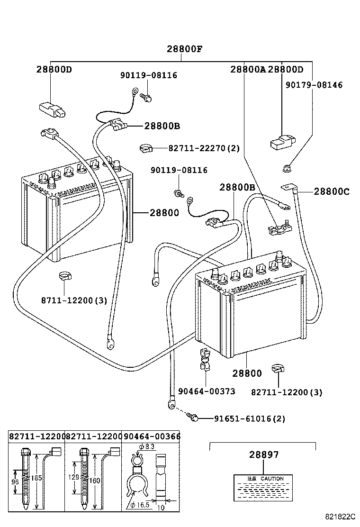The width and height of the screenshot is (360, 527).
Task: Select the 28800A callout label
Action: pyautogui.click(x=248, y=70)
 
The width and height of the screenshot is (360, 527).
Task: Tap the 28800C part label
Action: pyautogui.click(x=332, y=191)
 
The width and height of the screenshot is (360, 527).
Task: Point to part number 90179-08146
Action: pyautogui.click(x=314, y=85)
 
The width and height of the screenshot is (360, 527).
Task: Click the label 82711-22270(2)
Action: pyautogui.click(x=204, y=148)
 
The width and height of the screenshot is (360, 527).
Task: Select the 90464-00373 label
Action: pyautogui.click(x=207, y=391)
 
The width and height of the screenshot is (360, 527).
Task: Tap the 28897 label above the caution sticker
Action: pyautogui.click(x=264, y=454)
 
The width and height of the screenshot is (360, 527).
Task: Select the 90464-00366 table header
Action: pyautogui.click(x=152, y=436)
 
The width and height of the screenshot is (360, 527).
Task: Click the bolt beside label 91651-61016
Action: pyautogui.click(x=193, y=418)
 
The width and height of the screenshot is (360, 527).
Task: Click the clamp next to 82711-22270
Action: pyautogui.click(x=146, y=149)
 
